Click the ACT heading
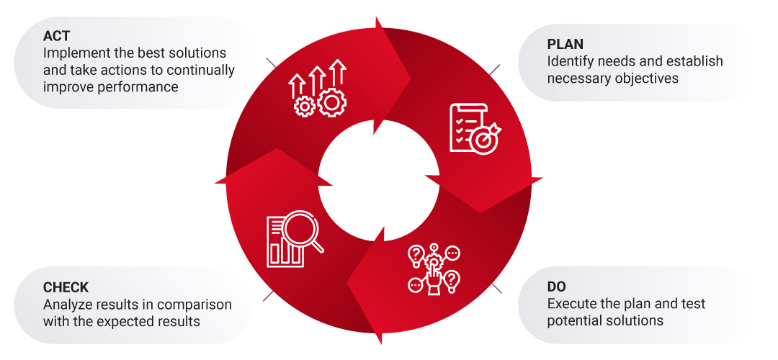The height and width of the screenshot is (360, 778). click(56, 36)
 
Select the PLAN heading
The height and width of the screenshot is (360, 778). click(565, 45)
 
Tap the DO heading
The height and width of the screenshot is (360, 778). click(557, 287)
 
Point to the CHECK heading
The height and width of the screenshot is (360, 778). click(66, 287)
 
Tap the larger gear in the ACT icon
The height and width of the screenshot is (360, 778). click(332, 103)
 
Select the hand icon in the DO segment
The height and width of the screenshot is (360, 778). click(433, 275)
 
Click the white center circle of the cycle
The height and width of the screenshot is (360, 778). click(379, 181)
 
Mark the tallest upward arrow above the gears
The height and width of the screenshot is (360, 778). click(338, 74)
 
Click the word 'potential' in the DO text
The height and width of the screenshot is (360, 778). click(573, 321)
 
